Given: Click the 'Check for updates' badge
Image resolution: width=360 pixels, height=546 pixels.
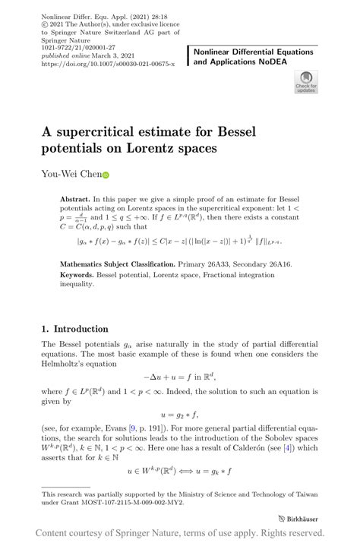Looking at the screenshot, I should click(x=305, y=82).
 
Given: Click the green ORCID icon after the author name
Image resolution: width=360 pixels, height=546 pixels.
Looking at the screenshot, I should click(x=106, y=174).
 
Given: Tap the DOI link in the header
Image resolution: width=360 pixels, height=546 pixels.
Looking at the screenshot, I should click(x=108, y=65).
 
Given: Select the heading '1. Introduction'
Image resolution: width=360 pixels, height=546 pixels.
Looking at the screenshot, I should click(x=74, y=329).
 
